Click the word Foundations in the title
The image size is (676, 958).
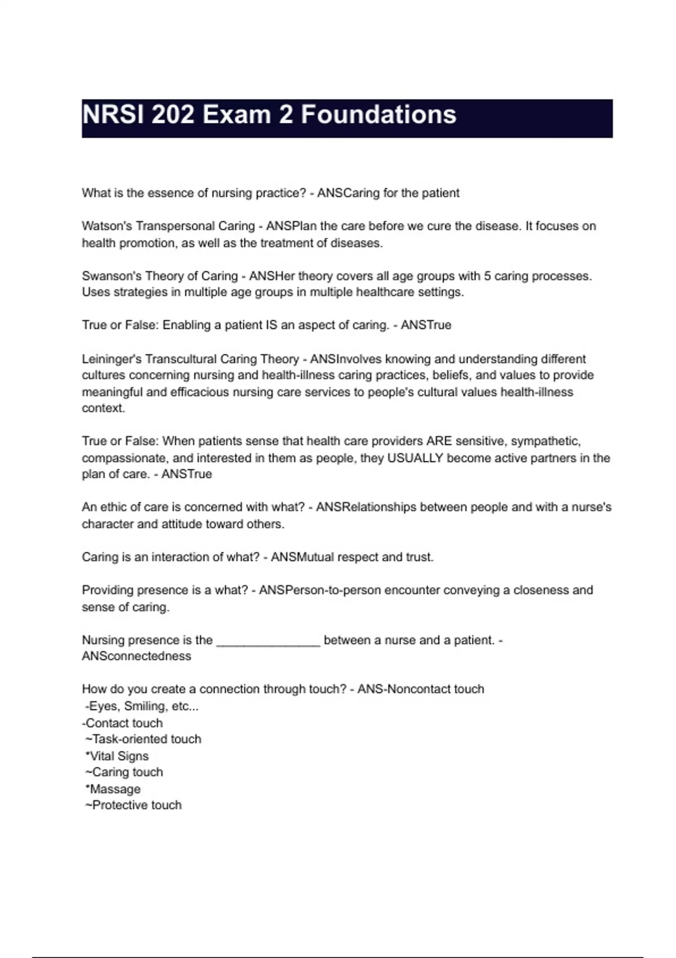click(x=378, y=115)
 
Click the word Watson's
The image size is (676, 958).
click(x=107, y=226)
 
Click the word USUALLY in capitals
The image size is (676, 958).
click(x=415, y=458)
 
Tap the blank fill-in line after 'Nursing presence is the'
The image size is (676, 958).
click(x=268, y=641)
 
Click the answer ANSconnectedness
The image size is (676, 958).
click(x=136, y=656)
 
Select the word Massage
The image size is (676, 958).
click(x=115, y=789)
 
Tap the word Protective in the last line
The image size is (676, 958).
click(x=120, y=805)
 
